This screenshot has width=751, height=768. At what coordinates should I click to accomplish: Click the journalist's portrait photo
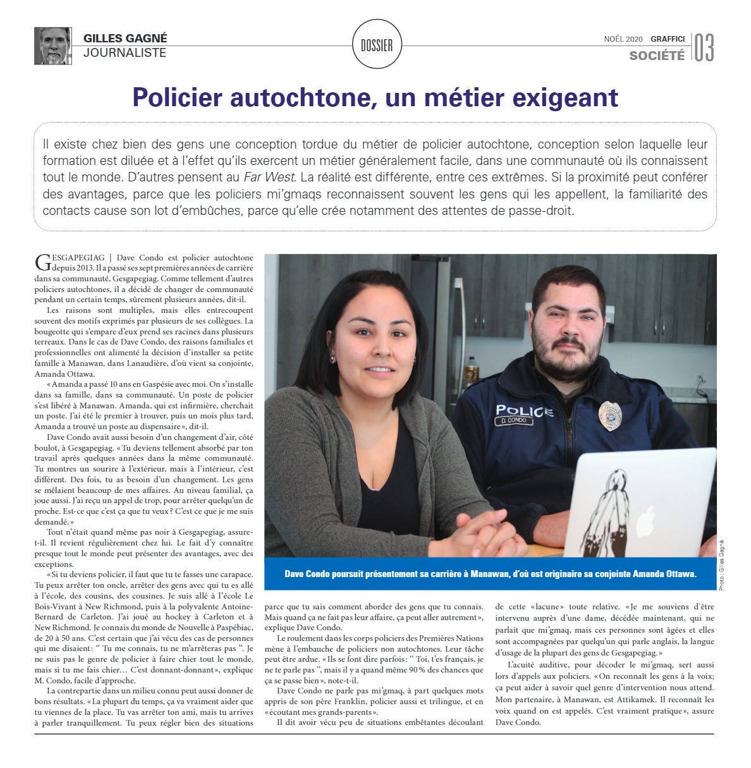(x=52, y=46)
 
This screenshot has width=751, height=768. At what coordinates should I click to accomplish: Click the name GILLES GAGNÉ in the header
(x=125, y=39)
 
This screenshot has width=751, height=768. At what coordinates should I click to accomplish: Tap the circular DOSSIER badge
(x=377, y=45)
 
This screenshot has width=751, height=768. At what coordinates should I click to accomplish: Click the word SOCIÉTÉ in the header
(x=657, y=56)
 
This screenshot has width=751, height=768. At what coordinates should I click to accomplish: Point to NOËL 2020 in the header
(x=623, y=39)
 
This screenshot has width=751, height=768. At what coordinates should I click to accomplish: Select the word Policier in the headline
(x=178, y=97)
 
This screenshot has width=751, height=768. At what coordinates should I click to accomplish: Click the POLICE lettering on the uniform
(x=524, y=411)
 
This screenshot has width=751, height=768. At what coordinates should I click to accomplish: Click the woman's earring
(x=333, y=358)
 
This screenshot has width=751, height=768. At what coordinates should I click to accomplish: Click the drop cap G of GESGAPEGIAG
(x=42, y=262)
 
